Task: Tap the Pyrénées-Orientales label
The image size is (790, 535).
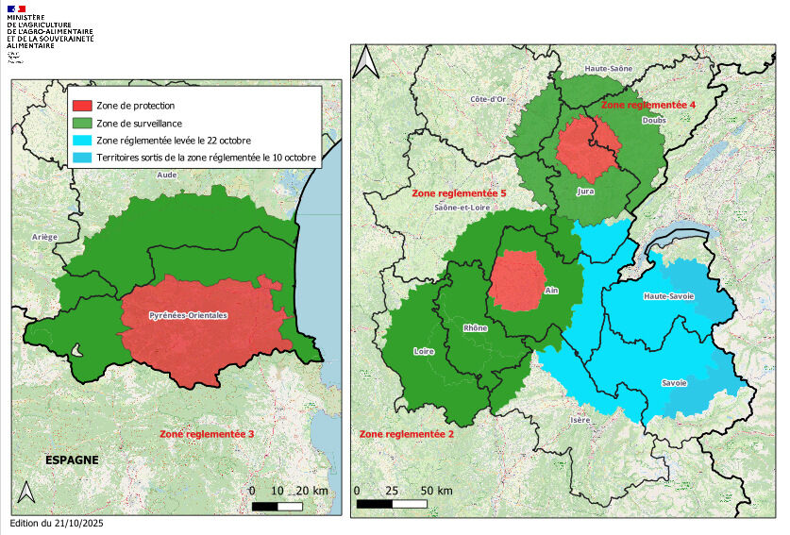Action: (189, 314)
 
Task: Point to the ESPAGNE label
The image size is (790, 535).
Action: (72, 460)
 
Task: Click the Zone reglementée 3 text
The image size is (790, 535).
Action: (207, 434)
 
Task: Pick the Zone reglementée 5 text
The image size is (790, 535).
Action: (460, 192)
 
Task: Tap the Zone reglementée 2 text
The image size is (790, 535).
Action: (407, 434)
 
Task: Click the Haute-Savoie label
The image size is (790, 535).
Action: (668, 296)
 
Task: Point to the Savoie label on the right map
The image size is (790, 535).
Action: (673, 382)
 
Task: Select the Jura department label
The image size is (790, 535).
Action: (584, 191)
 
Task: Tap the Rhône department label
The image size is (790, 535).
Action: (475, 328)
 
